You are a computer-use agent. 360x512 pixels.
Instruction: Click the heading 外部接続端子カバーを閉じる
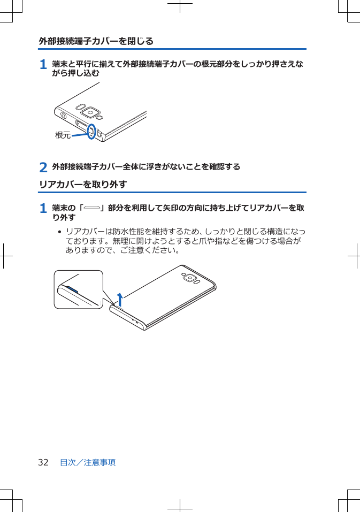[96, 41]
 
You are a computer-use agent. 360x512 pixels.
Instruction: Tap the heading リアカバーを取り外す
[82, 185]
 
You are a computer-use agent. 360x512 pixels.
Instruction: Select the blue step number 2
[43, 167]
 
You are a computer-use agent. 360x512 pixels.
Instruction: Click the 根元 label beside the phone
[63, 135]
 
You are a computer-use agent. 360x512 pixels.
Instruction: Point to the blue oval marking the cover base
[91, 131]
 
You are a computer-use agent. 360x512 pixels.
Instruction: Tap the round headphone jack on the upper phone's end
[64, 115]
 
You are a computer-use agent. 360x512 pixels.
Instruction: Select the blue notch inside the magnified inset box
[72, 289]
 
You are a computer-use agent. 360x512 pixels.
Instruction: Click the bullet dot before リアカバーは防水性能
[59, 232]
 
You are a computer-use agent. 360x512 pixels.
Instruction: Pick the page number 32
[43, 462]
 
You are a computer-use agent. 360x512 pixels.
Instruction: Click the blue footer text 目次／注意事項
[88, 462]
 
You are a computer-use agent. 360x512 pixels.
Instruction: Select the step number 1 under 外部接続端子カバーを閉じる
[43, 65]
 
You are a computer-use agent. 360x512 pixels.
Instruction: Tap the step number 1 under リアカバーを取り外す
[43, 208]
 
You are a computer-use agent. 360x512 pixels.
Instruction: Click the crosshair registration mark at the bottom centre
[180, 505]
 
